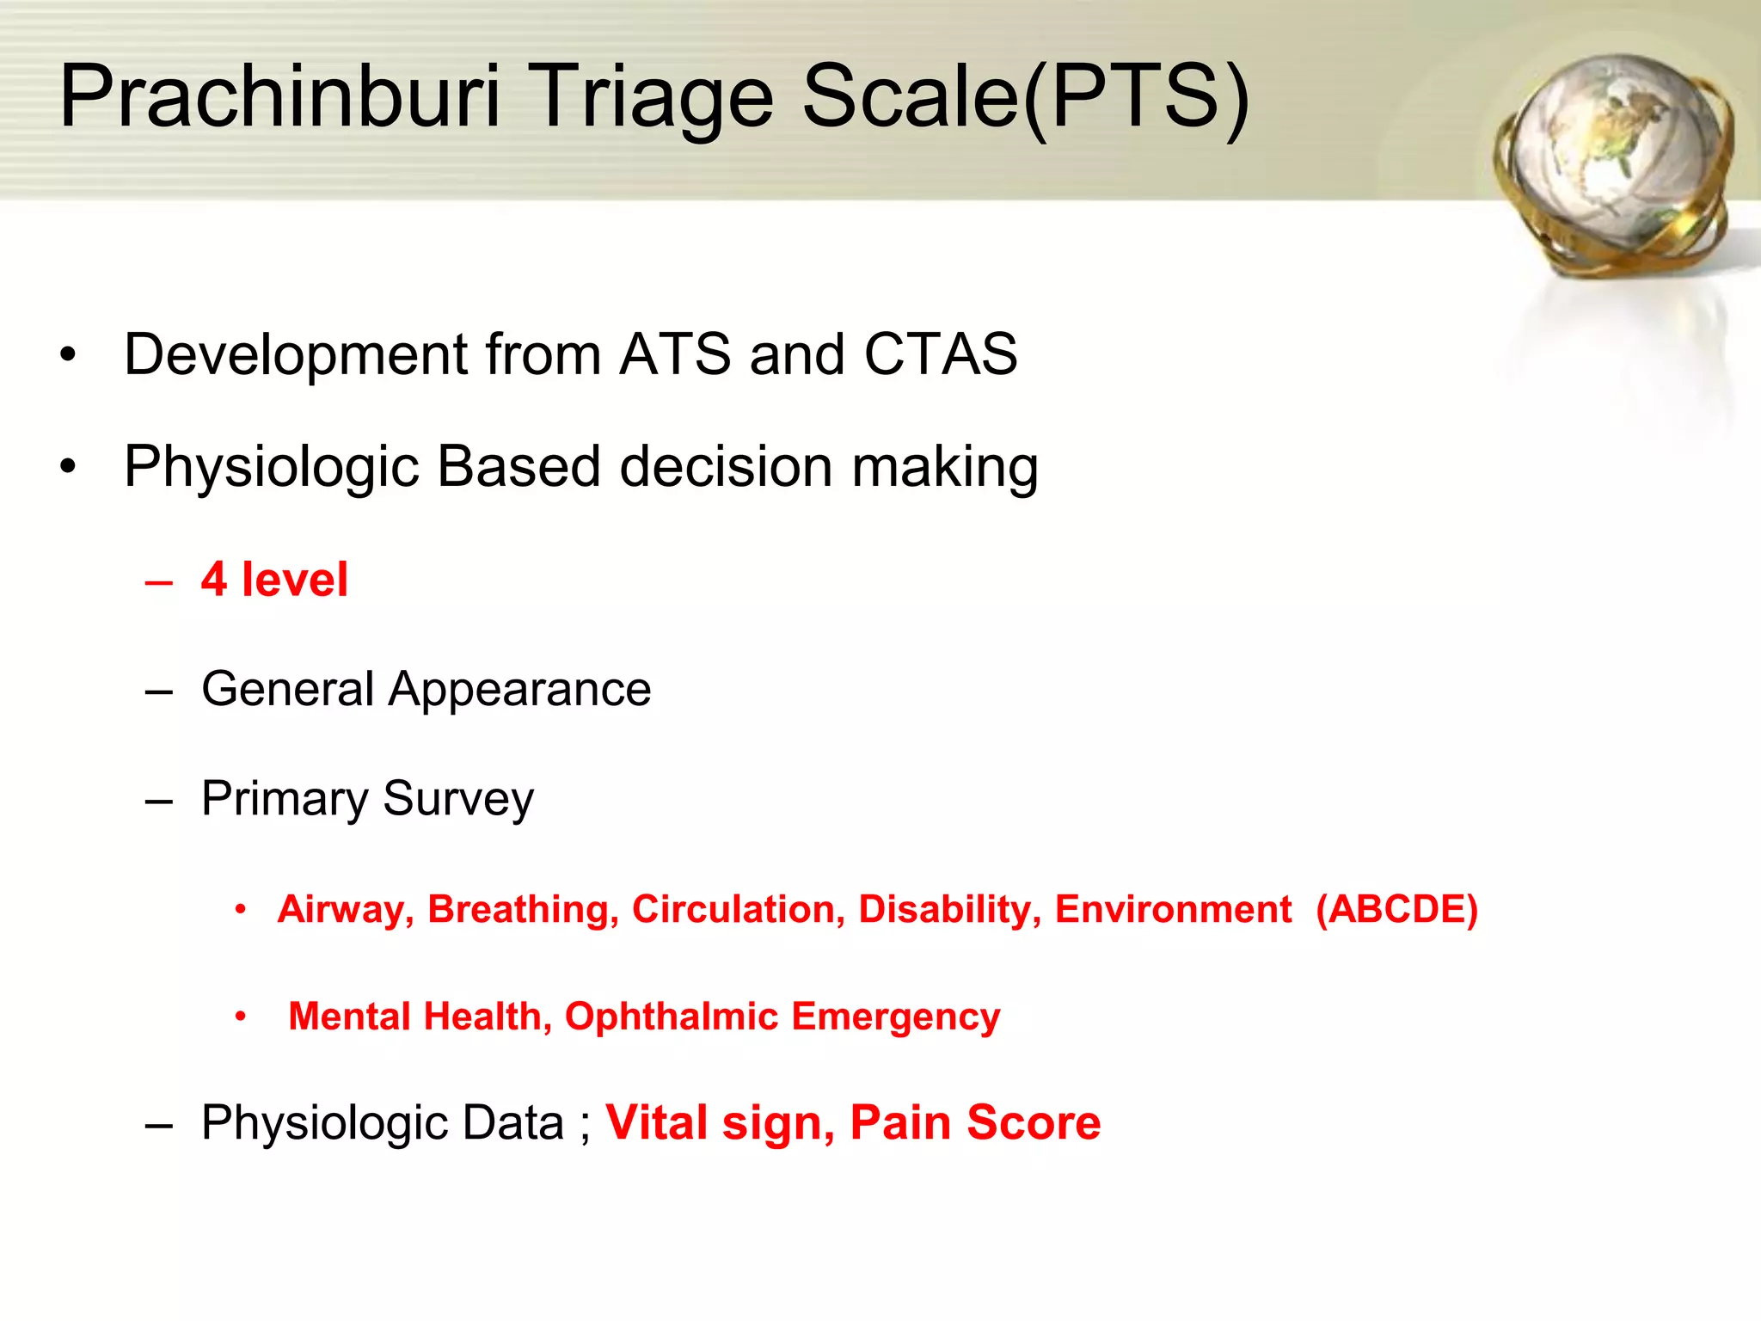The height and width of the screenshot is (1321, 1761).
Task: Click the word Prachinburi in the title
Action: [279, 96]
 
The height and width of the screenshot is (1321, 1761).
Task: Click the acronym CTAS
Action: [941, 353]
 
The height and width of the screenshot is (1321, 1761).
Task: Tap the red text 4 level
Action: [274, 579]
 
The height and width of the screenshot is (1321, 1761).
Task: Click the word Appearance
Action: [519, 689]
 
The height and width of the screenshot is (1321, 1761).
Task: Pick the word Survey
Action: [457, 799]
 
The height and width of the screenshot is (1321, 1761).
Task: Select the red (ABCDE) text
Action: [1396, 909]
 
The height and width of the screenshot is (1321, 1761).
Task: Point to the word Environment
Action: [1173, 909]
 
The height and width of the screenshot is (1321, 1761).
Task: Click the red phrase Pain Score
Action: [975, 1122]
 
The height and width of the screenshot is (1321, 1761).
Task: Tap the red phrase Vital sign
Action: [720, 1122]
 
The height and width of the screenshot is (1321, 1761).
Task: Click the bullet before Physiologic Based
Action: [68, 467]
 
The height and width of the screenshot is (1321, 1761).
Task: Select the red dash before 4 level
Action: [159, 582]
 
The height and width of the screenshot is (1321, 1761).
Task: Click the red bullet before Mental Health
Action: [241, 1017]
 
